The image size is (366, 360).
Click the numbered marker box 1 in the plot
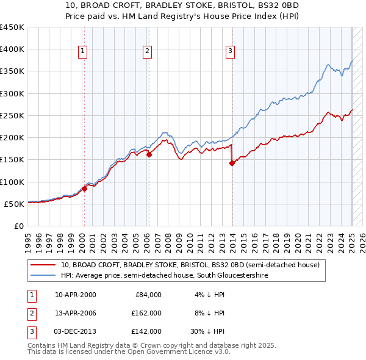click(82, 51)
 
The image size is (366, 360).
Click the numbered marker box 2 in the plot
click(148, 51)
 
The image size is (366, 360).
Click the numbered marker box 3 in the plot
click(231, 51)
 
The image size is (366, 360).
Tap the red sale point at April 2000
click(85, 189)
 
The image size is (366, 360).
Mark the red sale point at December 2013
click(232, 163)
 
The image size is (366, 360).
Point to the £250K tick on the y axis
click(12, 115)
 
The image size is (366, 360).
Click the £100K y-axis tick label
click(12, 182)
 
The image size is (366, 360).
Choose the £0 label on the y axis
click(19, 226)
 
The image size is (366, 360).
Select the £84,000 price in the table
click(148, 295)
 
